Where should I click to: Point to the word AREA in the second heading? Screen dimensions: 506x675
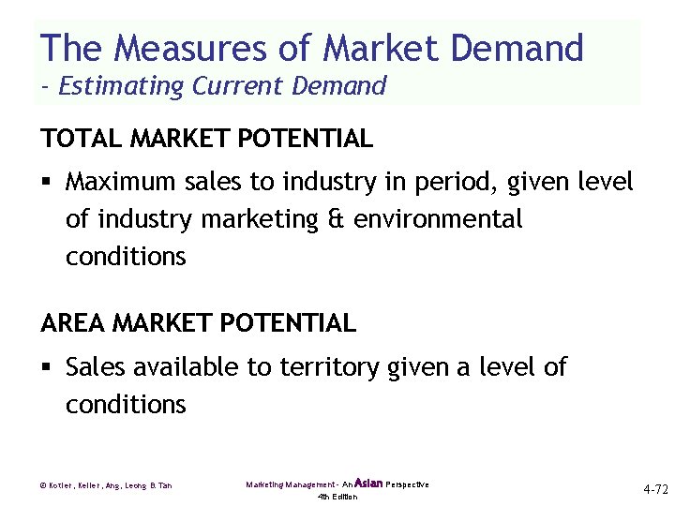click(x=73, y=323)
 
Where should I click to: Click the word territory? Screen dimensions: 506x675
click(x=312, y=366)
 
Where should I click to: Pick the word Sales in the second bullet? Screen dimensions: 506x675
click(x=96, y=366)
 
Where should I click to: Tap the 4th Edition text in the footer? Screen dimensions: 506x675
click(x=337, y=497)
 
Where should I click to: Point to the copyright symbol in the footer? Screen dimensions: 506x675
click(x=44, y=485)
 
